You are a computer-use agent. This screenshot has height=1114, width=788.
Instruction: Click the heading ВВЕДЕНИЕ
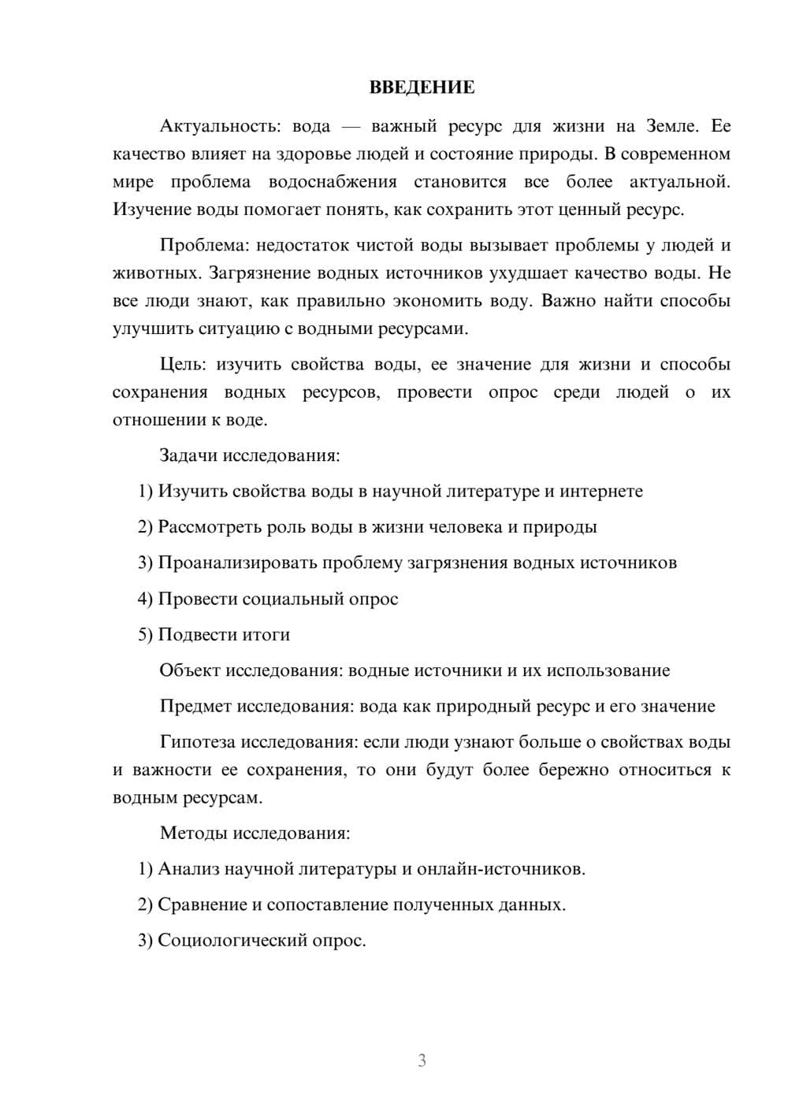pyautogui.click(x=422, y=87)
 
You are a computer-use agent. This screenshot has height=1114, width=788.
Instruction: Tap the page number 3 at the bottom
pyautogui.click(x=422, y=1060)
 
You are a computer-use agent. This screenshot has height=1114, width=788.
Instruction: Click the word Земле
pyautogui.click(x=672, y=126)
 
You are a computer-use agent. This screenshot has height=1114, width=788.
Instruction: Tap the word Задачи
pyautogui.click(x=188, y=455)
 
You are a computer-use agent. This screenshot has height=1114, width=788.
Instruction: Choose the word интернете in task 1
pyautogui.click(x=600, y=492)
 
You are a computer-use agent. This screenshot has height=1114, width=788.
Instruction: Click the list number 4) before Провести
pyautogui.click(x=145, y=599)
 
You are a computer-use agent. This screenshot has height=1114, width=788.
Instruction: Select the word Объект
pyautogui.click(x=190, y=670)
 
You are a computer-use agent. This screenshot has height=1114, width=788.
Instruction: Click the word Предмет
pyautogui.click(x=193, y=706)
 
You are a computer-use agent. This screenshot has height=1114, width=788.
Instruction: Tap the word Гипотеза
pyautogui.click(x=197, y=742)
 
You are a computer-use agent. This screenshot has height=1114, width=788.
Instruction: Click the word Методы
pyautogui.click(x=191, y=833)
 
